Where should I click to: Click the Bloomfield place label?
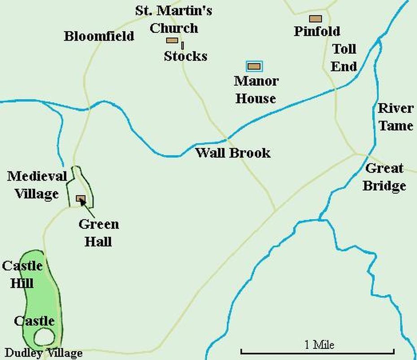99,36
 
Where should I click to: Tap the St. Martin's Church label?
174,19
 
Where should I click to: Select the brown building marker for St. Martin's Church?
172,40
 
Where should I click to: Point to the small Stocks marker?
182,45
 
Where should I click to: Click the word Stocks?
186,56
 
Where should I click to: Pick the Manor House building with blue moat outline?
254,66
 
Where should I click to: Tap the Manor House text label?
256,90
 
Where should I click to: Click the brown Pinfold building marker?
316,19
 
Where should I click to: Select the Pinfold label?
317,31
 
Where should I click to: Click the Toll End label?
344,58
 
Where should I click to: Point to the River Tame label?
395,117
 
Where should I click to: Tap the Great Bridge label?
384,177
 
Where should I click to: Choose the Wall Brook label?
233,153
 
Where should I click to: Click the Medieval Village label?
37,185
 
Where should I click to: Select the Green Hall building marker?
81,198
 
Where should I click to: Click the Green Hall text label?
99,233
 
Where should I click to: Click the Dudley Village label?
44,353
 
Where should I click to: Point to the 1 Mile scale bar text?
319,345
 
